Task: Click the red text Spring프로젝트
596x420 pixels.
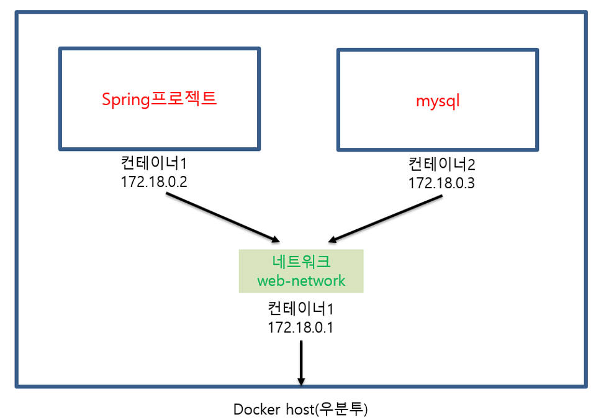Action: (160, 99)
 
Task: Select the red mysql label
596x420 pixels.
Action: (438, 100)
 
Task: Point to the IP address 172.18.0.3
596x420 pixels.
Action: (441, 184)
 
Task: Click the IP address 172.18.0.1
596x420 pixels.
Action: (300, 327)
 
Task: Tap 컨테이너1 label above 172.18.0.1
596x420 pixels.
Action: (300, 308)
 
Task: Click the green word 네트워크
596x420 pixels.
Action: (301, 262)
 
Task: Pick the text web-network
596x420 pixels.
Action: (301, 280)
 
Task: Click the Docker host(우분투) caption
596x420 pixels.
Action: (300, 410)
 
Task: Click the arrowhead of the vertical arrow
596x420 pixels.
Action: (301, 380)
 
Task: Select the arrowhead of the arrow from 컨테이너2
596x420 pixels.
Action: (333, 240)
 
